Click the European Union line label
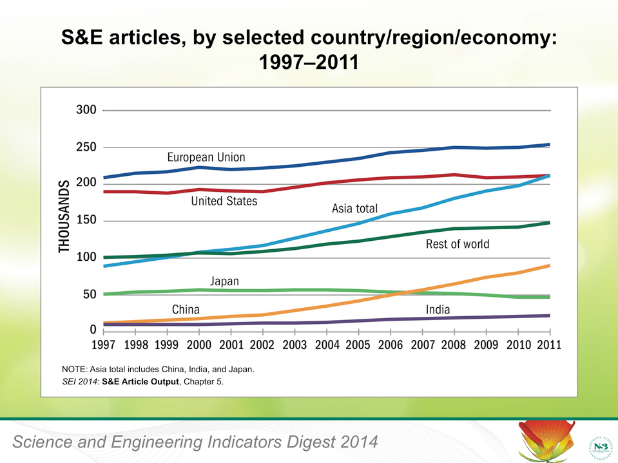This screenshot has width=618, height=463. point(206,157)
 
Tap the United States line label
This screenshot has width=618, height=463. point(224,202)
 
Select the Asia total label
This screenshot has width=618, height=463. point(354,209)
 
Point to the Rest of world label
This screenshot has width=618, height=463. point(458,245)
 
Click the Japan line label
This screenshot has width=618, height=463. point(224,281)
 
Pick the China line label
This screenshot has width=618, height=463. point(186,309)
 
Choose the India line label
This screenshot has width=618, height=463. point(438,310)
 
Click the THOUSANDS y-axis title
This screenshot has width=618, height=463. point(64,217)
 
